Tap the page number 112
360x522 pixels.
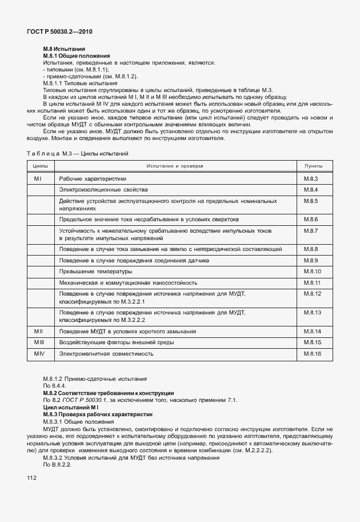point(31,477)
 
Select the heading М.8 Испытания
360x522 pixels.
point(64,50)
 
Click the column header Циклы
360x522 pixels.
point(40,166)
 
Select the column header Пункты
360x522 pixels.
point(314,166)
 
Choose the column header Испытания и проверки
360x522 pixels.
point(174,166)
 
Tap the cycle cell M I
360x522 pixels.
point(38,179)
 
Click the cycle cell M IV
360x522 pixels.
point(39,354)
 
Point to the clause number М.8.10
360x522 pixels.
point(313,271)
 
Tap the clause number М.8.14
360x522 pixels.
point(313,332)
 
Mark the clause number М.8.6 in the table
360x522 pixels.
point(311,220)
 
